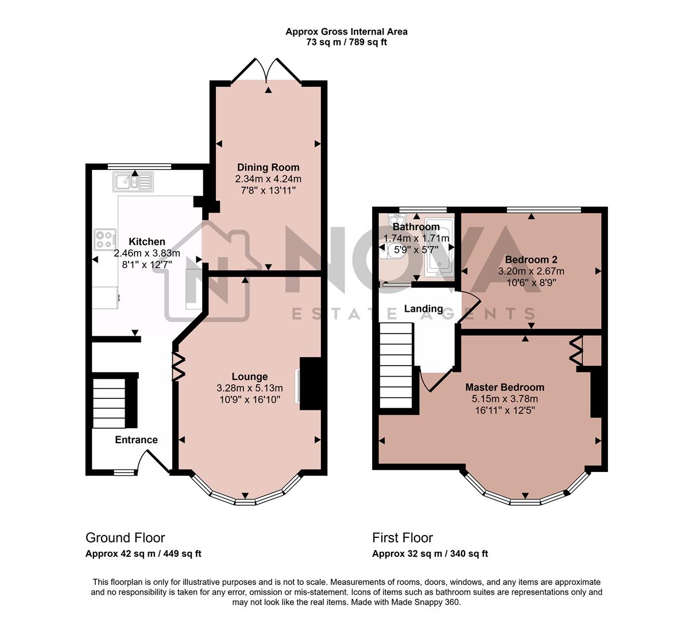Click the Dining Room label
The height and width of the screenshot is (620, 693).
pos(268,168)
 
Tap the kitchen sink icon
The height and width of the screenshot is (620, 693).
pos(133,183)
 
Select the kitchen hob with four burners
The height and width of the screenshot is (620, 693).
pos(104,239)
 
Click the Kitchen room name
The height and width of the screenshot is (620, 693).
pos(146,242)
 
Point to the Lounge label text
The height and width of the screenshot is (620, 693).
pos(250,377)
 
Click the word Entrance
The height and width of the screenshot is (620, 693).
pos(136,440)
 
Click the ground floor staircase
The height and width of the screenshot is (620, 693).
pos(109,402)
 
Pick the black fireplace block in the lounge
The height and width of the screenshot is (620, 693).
pos(311,383)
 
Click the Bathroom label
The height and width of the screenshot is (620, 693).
pos(416,227)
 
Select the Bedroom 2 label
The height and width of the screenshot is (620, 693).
pos(531,259)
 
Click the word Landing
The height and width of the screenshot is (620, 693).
pos(423,309)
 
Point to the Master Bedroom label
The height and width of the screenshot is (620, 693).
pos(505,387)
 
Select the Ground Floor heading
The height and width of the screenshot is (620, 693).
pos(125,538)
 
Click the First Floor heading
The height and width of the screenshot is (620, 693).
pos(402,538)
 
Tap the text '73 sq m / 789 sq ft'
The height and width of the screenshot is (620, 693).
pos(346,42)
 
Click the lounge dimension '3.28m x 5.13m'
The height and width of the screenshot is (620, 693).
pos(250,388)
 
